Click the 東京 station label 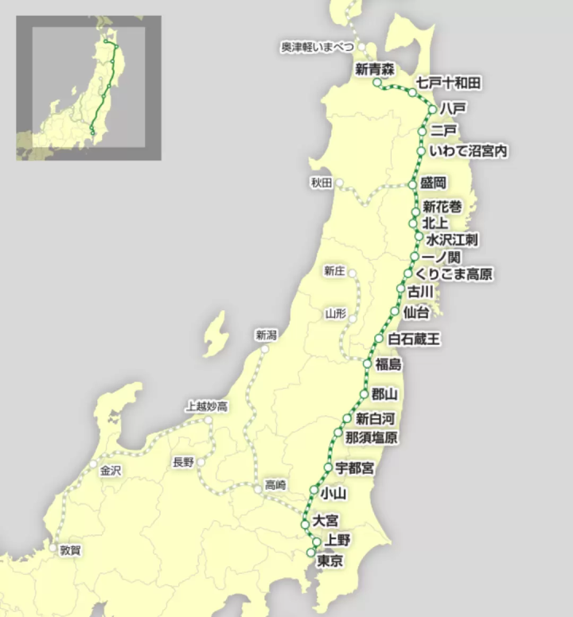coord(330,561)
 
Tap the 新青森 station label coord(375,70)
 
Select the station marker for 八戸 coord(432,108)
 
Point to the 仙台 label coord(416,312)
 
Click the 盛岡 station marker coord(412,184)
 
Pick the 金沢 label coord(111,471)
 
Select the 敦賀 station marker coord(54,548)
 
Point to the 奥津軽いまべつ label coord(317,48)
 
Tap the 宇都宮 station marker coord(328,467)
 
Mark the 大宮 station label coord(325,521)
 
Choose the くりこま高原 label coord(456,274)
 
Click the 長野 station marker coord(201,462)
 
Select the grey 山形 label coord(335,313)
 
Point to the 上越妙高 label coord(206,406)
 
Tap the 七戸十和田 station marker coord(412,93)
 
